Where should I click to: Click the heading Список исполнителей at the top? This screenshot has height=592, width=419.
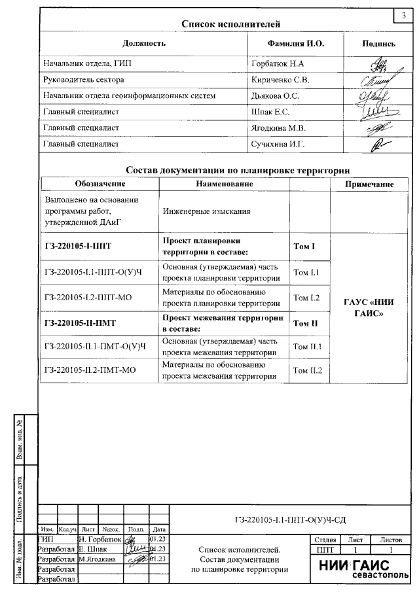231,24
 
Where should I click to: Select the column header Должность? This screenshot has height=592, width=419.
144,43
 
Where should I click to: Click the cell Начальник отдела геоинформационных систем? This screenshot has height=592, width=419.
129,96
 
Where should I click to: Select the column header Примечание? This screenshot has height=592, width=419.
371,184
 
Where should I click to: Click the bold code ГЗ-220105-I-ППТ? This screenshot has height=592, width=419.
78,247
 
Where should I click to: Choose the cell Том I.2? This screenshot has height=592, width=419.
306,298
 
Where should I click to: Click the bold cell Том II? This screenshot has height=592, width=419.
304,323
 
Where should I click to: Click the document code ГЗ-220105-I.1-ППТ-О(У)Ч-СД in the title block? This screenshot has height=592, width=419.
289,521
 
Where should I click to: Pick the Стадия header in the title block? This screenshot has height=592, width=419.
325,540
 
